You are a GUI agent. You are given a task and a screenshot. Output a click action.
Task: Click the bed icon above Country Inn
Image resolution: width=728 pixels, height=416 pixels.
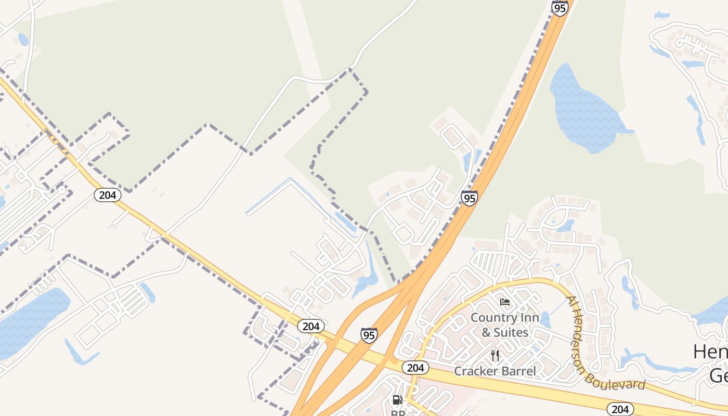pyautogui.click(x=504, y=302)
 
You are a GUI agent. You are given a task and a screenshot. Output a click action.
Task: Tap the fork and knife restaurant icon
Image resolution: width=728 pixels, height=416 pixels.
pyautogui.click(x=495, y=356)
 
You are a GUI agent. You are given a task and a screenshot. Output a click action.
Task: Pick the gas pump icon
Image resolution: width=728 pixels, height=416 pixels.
pyautogui.click(x=397, y=400)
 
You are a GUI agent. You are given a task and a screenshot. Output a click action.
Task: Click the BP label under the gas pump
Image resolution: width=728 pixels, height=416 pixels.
pyautogui.click(x=398, y=413)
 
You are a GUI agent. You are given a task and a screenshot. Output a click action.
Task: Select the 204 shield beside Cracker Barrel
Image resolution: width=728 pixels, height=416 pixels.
pyautogui.click(x=415, y=368)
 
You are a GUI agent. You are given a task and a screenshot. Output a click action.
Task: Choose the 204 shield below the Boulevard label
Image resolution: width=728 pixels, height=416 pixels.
pyautogui.click(x=620, y=409)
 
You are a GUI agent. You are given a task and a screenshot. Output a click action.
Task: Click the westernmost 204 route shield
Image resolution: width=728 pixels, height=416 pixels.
pyautogui.click(x=108, y=195)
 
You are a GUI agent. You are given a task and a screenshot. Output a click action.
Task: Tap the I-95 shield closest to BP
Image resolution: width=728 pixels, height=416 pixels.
pyautogui.click(x=369, y=335)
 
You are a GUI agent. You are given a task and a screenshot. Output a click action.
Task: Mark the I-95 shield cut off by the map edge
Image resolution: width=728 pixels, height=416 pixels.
pyautogui.click(x=560, y=8)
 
